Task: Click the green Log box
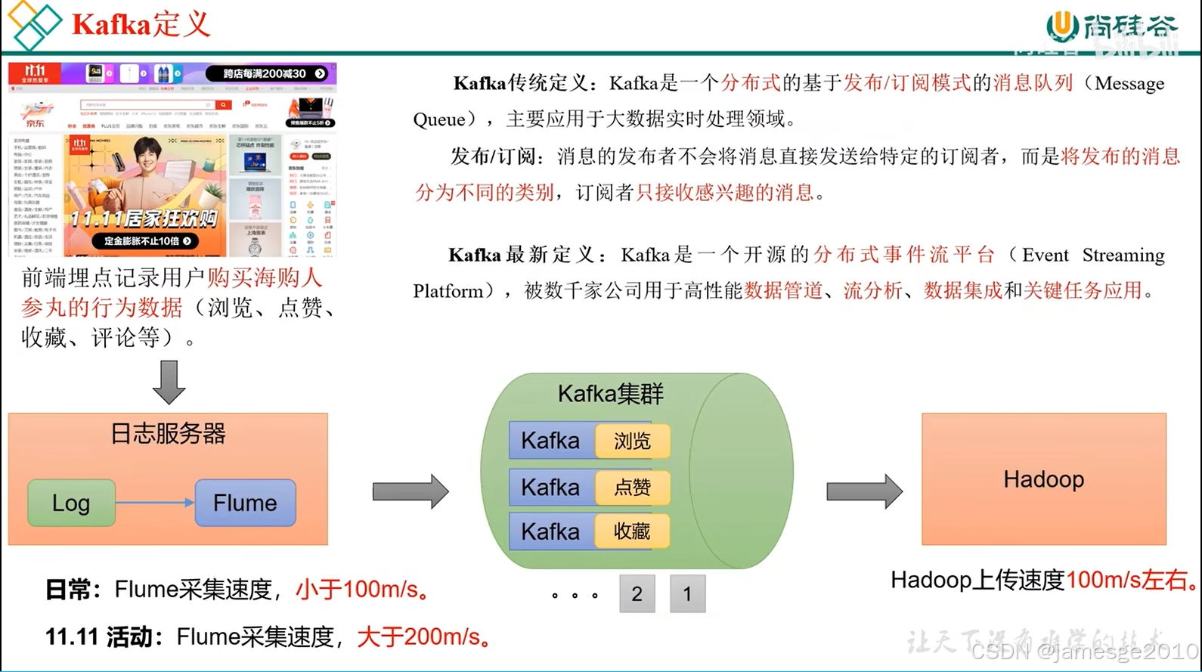point(71,503)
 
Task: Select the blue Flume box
point(245,503)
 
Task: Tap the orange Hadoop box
point(1043,479)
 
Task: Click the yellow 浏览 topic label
point(632,441)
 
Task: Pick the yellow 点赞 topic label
point(632,488)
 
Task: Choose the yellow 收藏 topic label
point(632,531)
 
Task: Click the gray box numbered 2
point(637,594)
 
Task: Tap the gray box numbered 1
point(687,594)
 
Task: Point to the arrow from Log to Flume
point(155,503)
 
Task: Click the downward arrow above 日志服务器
point(169,382)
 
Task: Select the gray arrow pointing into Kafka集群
point(410,492)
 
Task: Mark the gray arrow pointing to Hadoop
point(864,492)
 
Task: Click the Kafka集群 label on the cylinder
point(610,394)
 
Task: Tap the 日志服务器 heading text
point(168,434)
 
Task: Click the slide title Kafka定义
point(141,25)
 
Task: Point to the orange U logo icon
point(1062,26)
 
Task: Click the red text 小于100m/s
point(361,590)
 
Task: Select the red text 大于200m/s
point(423,637)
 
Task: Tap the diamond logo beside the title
point(34,25)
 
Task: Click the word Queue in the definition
point(438,119)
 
